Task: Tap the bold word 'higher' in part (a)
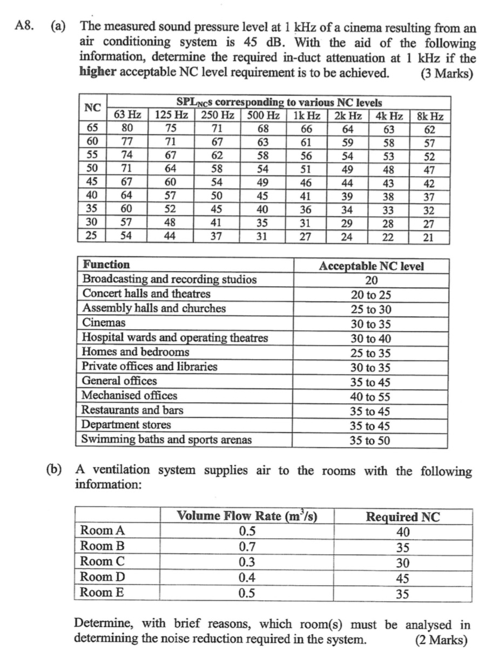(x=98, y=73)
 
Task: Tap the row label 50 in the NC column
(x=93, y=169)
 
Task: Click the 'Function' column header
(x=106, y=265)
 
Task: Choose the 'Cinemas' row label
(x=104, y=323)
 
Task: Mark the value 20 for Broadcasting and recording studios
(x=371, y=280)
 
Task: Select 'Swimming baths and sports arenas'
(x=166, y=439)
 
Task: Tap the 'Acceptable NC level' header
(x=371, y=266)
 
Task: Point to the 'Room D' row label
(x=102, y=577)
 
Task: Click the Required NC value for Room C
(x=403, y=562)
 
